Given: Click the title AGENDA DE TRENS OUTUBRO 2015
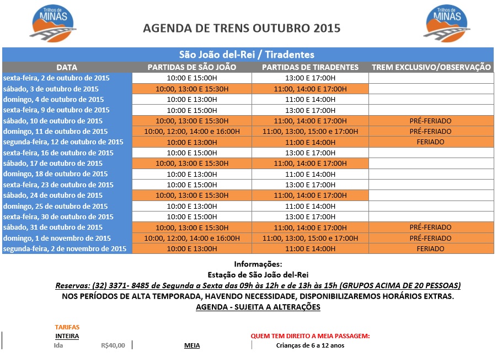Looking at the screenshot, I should (x=242, y=28).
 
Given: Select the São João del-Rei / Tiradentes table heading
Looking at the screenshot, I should (x=247, y=55).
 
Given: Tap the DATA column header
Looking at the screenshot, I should (x=67, y=67).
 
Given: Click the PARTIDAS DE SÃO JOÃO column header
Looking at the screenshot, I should (x=191, y=67).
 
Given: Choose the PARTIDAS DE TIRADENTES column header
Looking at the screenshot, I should (x=310, y=67).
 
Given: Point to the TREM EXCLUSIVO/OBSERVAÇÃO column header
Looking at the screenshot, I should (x=431, y=67).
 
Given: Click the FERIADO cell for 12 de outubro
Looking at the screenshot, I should (x=430, y=142).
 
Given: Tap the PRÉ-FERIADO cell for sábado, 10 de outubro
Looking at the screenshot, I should (x=430, y=121).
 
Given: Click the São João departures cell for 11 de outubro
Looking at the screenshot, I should (x=191, y=132).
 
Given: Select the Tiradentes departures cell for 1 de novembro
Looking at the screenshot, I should (x=310, y=238).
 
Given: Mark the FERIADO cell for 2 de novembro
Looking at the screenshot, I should (x=430, y=249).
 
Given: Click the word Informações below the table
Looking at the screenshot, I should (x=258, y=264).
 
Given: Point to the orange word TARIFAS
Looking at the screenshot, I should (x=67, y=327).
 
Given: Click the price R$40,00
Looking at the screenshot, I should (x=113, y=346).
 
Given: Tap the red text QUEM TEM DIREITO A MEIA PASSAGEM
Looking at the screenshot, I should (x=310, y=336).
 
